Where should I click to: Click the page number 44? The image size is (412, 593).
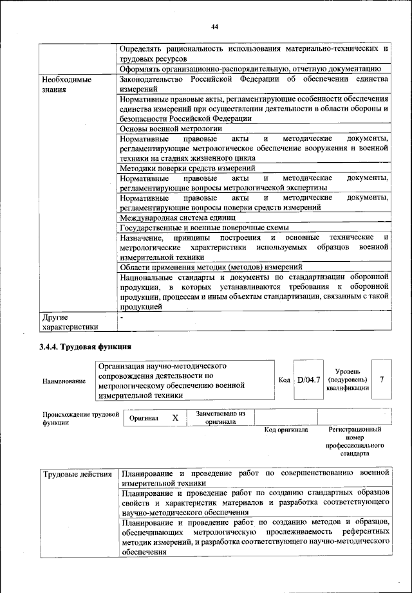pyautogui.click(x=215, y=26)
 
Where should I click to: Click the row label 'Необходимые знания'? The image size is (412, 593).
pyautogui.click(x=66, y=84)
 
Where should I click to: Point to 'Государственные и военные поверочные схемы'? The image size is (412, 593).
pyautogui.click(x=204, y=228)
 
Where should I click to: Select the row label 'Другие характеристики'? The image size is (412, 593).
pyautogui.click(x=70, y=322)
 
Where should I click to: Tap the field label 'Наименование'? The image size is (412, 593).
pyautogui.click(x=64, y=381)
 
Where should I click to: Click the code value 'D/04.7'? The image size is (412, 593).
pyautogui.click(x=308, y=380)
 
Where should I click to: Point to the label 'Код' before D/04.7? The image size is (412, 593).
pyautogui.click(x=284, y=381)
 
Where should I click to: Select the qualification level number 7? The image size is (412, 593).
pyautogui.click(x=382, y=379)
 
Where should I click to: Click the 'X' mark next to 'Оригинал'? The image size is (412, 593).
pyautogui.click(x=174, y=417)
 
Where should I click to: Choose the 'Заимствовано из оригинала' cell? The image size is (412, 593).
pyautogui.click(x=221, y=417)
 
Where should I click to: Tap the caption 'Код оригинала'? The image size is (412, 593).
pyautogui.click(x=286, y=430)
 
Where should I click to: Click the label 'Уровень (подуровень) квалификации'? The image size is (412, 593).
pyautogui.click(x=348, y=379)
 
